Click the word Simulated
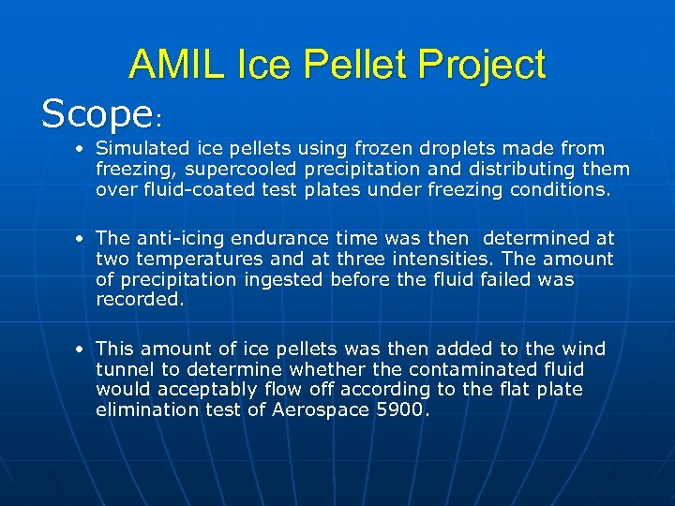[142, 148]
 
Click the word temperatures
[195, 259]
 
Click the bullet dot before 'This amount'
[82, 350]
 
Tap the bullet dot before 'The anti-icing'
[82, 239]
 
